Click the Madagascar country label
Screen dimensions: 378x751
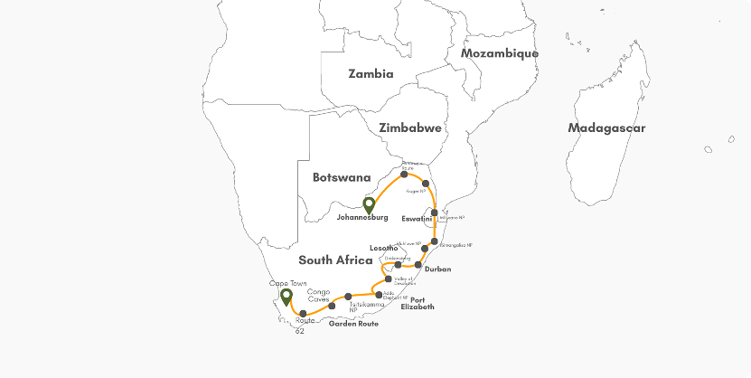coord(606,128)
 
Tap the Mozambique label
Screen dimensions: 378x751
coord(499,53)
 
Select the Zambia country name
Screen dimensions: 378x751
coord(371,73)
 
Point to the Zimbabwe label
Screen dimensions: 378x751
coord(410,128)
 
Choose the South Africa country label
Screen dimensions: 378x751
coord(335,260)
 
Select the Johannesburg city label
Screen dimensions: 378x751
coord(361,218)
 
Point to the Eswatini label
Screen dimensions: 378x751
coord(417,219)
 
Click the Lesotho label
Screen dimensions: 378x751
coord(384,248)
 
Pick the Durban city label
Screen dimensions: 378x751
coord(437,269)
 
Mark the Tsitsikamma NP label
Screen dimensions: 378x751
coord(361,307)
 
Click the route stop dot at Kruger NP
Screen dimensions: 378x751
coord(426,184)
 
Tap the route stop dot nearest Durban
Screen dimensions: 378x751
coord(418,264)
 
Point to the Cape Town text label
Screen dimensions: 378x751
coord(288,283)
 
